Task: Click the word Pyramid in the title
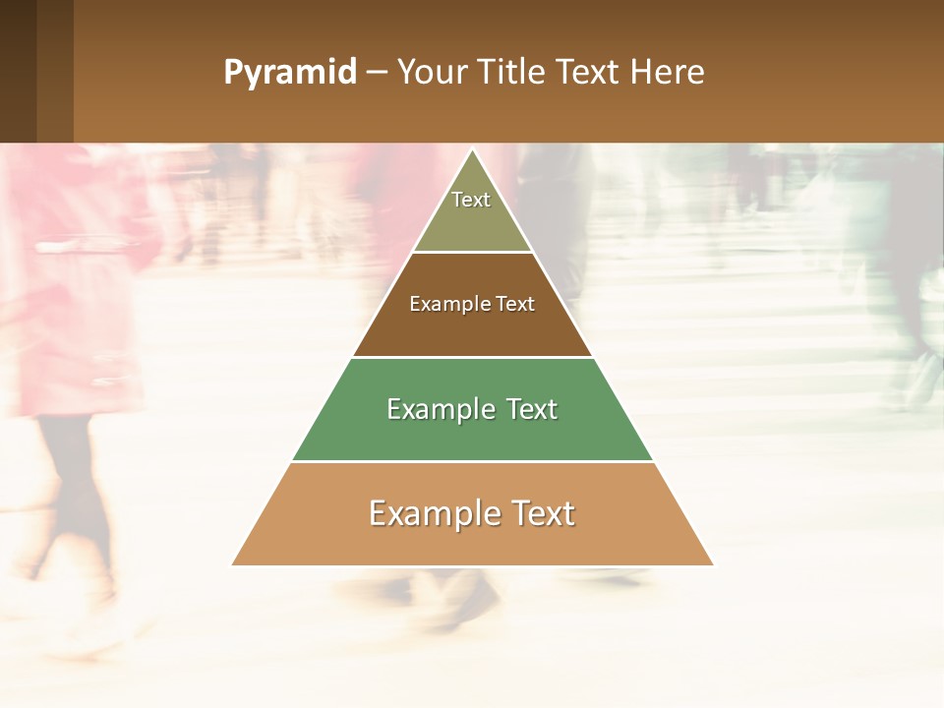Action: (289, 73)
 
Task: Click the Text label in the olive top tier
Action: (471, 200)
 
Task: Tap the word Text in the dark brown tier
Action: (515, 305)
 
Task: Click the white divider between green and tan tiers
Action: (472, 461)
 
